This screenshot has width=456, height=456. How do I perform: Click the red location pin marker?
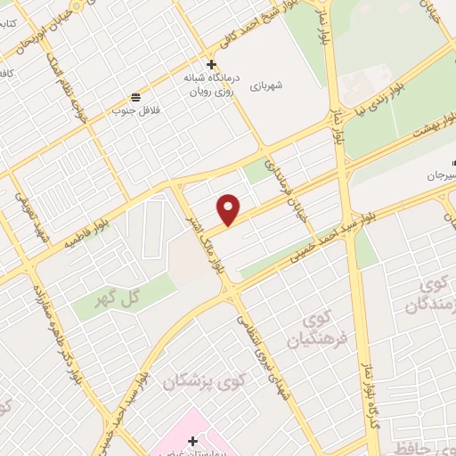(230, 208)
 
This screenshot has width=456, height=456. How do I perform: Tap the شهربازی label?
(265, 85)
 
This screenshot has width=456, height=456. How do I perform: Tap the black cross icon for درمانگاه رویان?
(211, 64)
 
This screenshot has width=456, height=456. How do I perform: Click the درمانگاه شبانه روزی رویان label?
(212, 84)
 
